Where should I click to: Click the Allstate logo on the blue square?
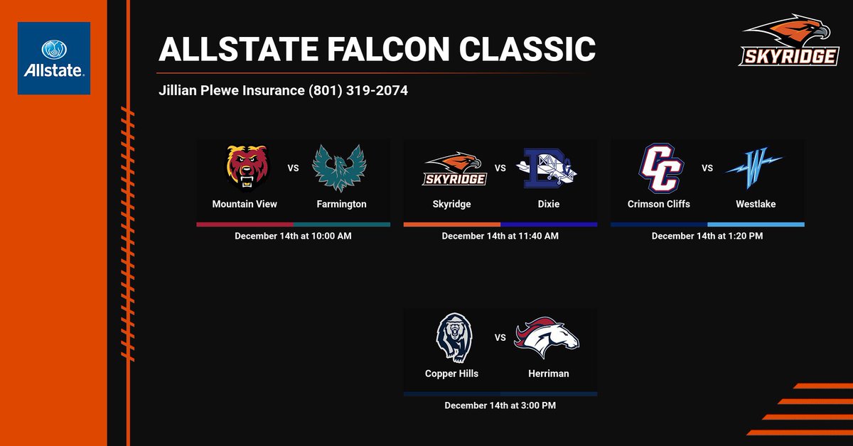pos(54,58)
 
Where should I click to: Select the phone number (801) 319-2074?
pos(358,91)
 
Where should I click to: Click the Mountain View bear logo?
pos(245,168)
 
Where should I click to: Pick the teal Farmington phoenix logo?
pos(341,168)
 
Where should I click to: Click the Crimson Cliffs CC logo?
pos(659,168)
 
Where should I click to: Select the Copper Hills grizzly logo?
pos(451,337)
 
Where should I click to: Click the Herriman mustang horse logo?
pos(547,337)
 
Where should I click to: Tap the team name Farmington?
pos(341,204)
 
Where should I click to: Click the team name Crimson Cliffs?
pos(659,204)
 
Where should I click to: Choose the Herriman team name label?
pos(549,374)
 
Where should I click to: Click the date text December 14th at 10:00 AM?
pos(293,236)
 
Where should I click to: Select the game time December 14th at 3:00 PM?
pos(500,406)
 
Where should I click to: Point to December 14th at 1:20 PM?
pos(707,236)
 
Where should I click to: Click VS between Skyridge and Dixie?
pos(500,168)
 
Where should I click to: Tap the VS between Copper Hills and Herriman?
pos(500,338)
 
